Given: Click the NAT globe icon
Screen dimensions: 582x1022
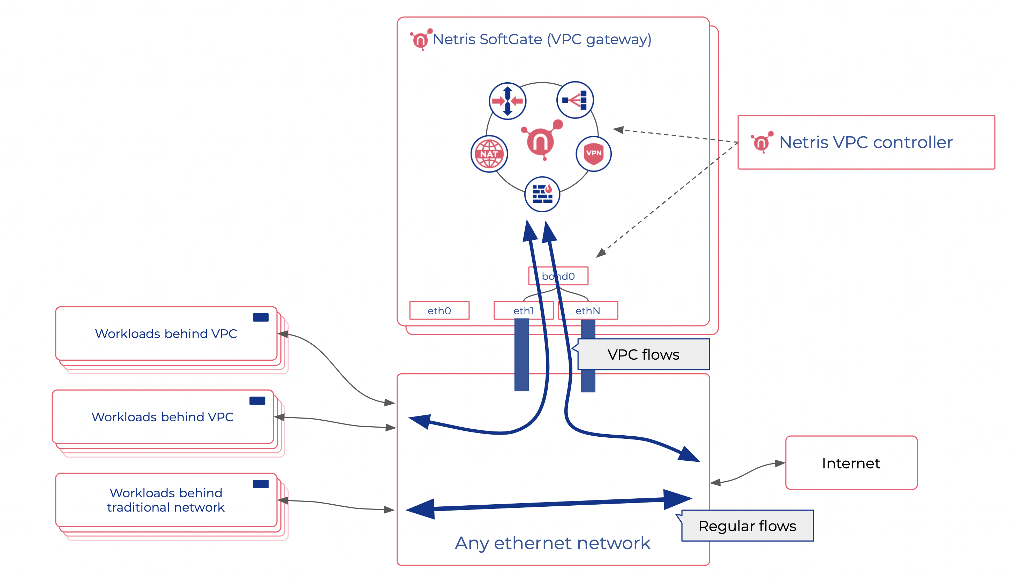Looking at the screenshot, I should (489, 154).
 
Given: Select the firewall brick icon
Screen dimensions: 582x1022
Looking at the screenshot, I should (542, 194).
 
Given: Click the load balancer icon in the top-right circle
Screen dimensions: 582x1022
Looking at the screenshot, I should (575, 100).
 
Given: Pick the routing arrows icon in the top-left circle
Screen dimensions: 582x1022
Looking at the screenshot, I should (507, 101).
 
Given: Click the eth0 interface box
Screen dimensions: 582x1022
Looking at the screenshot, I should (439, 311).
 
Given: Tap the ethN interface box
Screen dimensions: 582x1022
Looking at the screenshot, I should (588, 311).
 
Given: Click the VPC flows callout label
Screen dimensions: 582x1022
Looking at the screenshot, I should (643, 354).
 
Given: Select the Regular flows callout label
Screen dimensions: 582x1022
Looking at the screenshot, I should (747, 526).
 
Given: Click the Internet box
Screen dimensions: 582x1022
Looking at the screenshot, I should (851, 463).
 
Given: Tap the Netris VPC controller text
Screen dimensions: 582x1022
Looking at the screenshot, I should (866, 142).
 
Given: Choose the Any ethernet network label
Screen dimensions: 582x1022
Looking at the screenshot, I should (553, 543).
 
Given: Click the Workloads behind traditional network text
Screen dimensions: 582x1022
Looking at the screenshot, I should (166, 500).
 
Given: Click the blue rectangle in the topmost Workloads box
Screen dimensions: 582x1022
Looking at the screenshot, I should (261, 317).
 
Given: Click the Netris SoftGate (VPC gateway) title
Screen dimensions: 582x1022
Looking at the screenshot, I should (542, 39).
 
